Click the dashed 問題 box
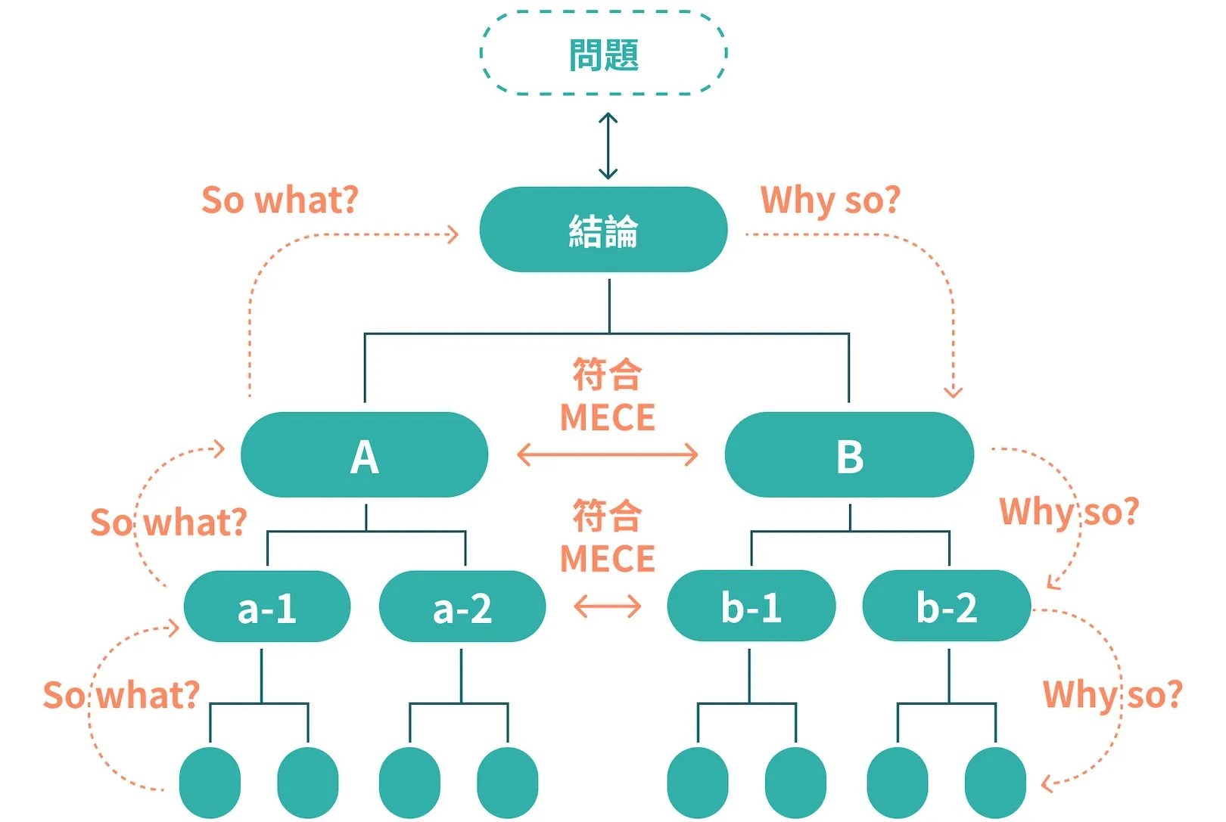click(x=604, y=54)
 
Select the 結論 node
click(x=604, y=230)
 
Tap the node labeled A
click(x=364, y=455)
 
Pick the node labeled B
click(x=849, y=455)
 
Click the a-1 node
click(x=267, y=607)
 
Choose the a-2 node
click(x=462, y=607)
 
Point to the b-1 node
click(x=751, y=606)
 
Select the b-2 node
click(x=947, y=606)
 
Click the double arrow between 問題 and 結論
click(x=608, y=146)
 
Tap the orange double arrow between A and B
click(x=607, y=455)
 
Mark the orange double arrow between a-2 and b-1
click(x=607, y=606)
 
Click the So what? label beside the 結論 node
click(x=279, y=200)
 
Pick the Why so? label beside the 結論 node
click(x=830, y=200)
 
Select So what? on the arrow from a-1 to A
click(x=169, y=523)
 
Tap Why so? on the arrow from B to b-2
click(x=1069, y=512)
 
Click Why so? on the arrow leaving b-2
click(x=1112, y=694)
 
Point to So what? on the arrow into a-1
click(x=121, y=695)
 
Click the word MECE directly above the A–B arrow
click(x=607, y=417)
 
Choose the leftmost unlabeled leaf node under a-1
click(x=210, y=783)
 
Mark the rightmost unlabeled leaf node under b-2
click(x=995, y=783)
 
